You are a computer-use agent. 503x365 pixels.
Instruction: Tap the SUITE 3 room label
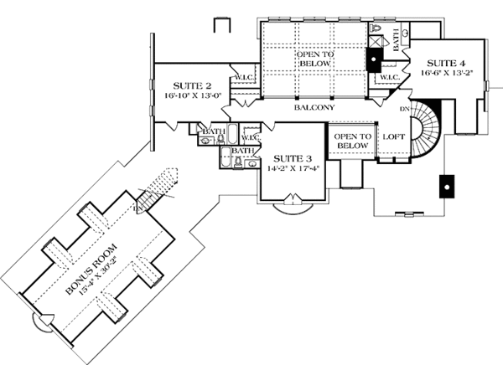tap(287, 157)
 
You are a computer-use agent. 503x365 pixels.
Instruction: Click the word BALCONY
tap(314, 108)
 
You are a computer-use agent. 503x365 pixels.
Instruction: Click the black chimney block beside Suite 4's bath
tap(374, 60)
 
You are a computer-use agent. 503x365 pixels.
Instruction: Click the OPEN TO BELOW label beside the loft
tap(351, 141)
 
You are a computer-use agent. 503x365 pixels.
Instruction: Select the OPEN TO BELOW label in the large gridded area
tap(315, 59)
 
